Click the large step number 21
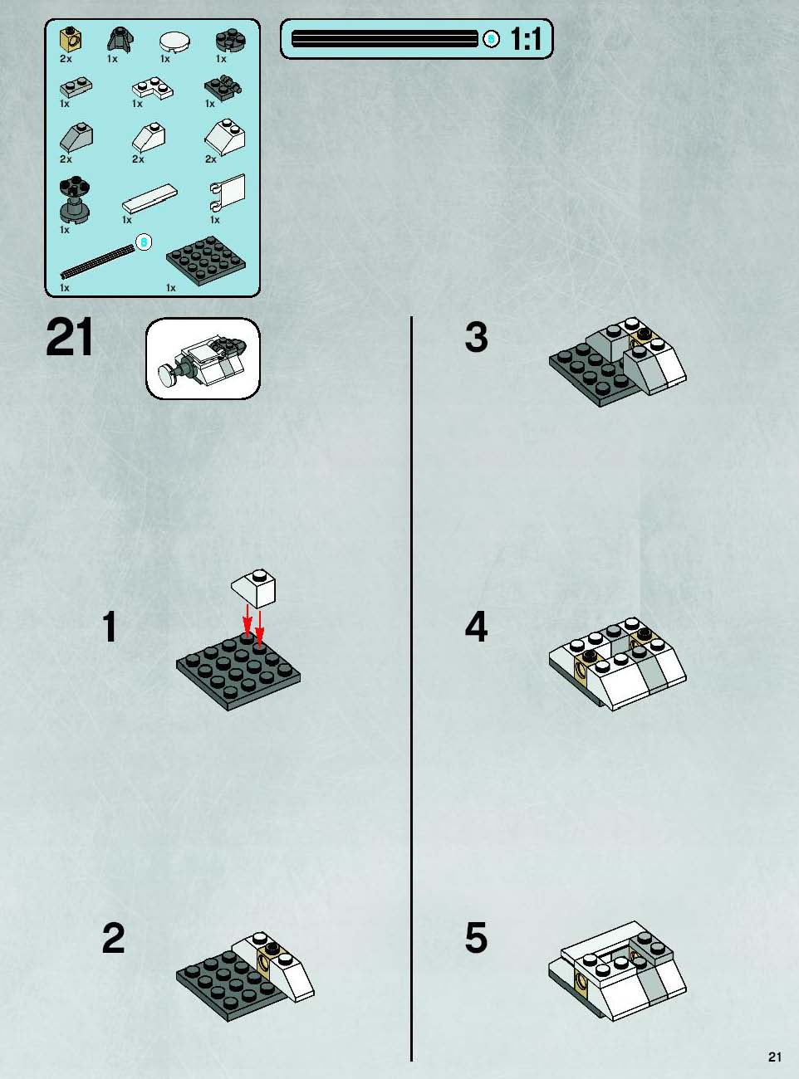[69, 338]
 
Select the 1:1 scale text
[527, 38]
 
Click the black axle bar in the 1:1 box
[385, 38]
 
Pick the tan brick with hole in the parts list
[71, 39]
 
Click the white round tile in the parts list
[174, 41]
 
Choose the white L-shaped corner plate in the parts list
[152, 88]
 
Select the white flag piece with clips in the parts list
[228, 192]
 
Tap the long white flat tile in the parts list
[150, 198]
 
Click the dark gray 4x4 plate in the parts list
[206, 259]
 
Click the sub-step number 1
[110, 627]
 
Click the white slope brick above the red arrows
[253, 588]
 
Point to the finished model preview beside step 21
[203, 359]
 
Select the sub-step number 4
[476, 627]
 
